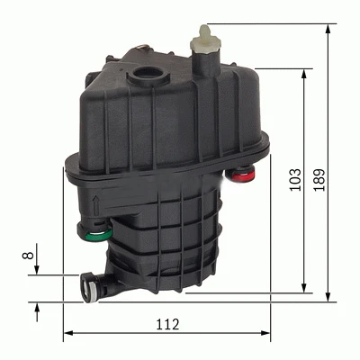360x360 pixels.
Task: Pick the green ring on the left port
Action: coord(101,239)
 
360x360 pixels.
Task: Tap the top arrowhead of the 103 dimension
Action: coord(306,73)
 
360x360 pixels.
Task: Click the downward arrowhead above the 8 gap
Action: coord(36,271)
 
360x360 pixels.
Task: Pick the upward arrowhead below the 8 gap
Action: coord(36,307)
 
